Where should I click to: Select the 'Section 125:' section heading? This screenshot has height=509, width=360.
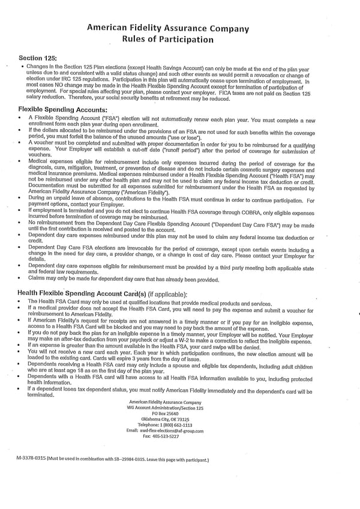(37, 58)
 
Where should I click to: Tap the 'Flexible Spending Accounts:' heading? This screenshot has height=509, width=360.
(63, 110)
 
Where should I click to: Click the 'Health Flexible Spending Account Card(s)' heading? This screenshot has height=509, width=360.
(82, 293)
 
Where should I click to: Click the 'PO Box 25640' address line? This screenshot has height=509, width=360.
(160, 414)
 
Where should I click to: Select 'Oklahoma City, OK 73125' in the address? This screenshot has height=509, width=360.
(160, 419)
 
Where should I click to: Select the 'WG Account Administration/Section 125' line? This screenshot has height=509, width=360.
(160, 408)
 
